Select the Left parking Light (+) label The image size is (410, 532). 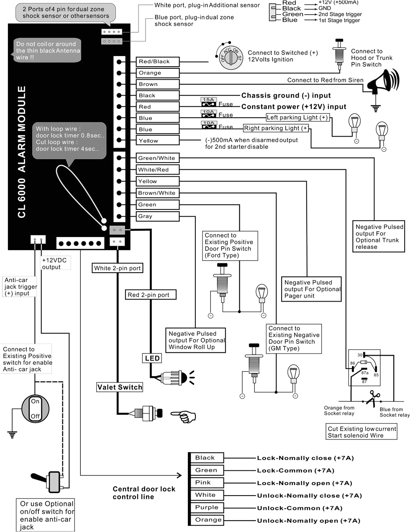pos(297,118)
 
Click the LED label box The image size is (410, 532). pos(152,358)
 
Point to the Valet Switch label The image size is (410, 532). pos(120,387)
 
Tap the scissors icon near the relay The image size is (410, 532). pos(372,398)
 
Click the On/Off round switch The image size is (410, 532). pos(36,408)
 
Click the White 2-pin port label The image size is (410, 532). pos(118,268)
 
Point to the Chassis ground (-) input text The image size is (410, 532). pos(286,96)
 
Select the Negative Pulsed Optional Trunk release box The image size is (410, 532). pos(379,237)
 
